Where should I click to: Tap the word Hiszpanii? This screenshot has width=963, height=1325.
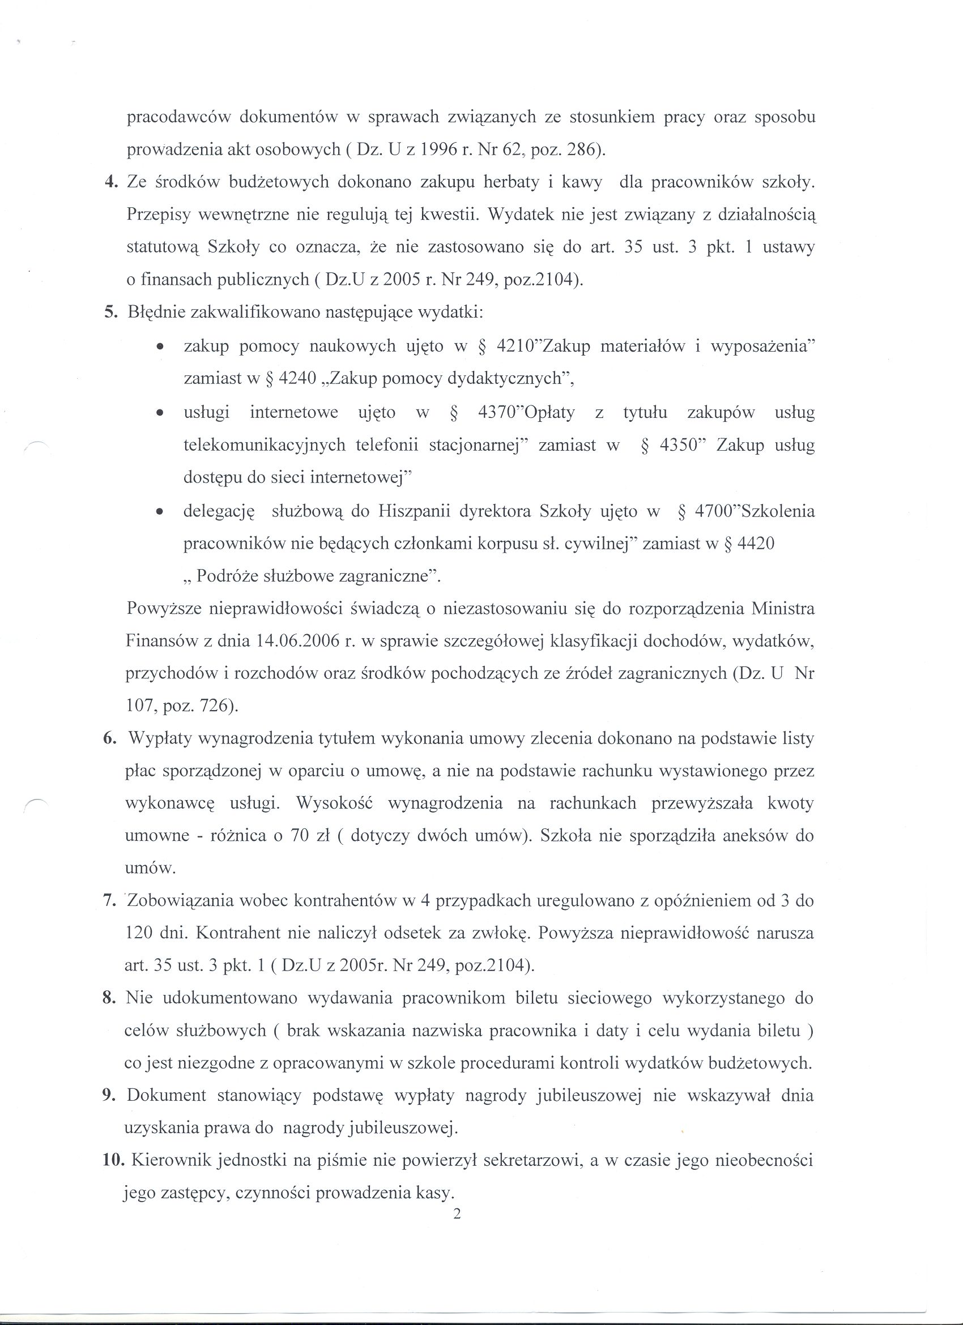[414, 511]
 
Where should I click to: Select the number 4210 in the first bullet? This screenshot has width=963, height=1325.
[514, 347]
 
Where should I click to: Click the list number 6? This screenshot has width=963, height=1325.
[110, 738]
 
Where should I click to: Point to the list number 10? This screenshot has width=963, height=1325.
[112, 1160]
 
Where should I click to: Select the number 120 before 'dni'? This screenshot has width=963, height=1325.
[138, 933]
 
